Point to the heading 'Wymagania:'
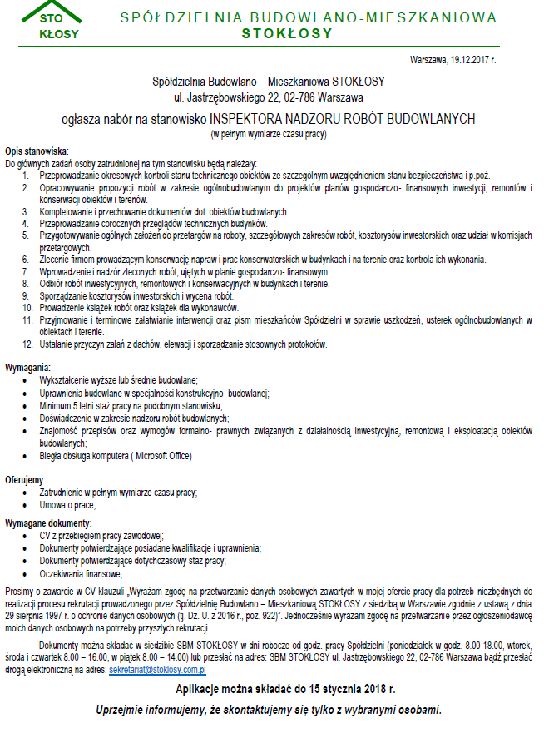[28, 367]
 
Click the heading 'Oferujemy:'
[27, 480]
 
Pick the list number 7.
[27, 272]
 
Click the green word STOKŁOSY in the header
[287, 34]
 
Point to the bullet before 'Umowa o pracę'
[31, 504]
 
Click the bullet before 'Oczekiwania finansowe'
[31, 573]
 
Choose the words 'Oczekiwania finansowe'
[81, 573]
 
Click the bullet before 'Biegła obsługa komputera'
[31, 456]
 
